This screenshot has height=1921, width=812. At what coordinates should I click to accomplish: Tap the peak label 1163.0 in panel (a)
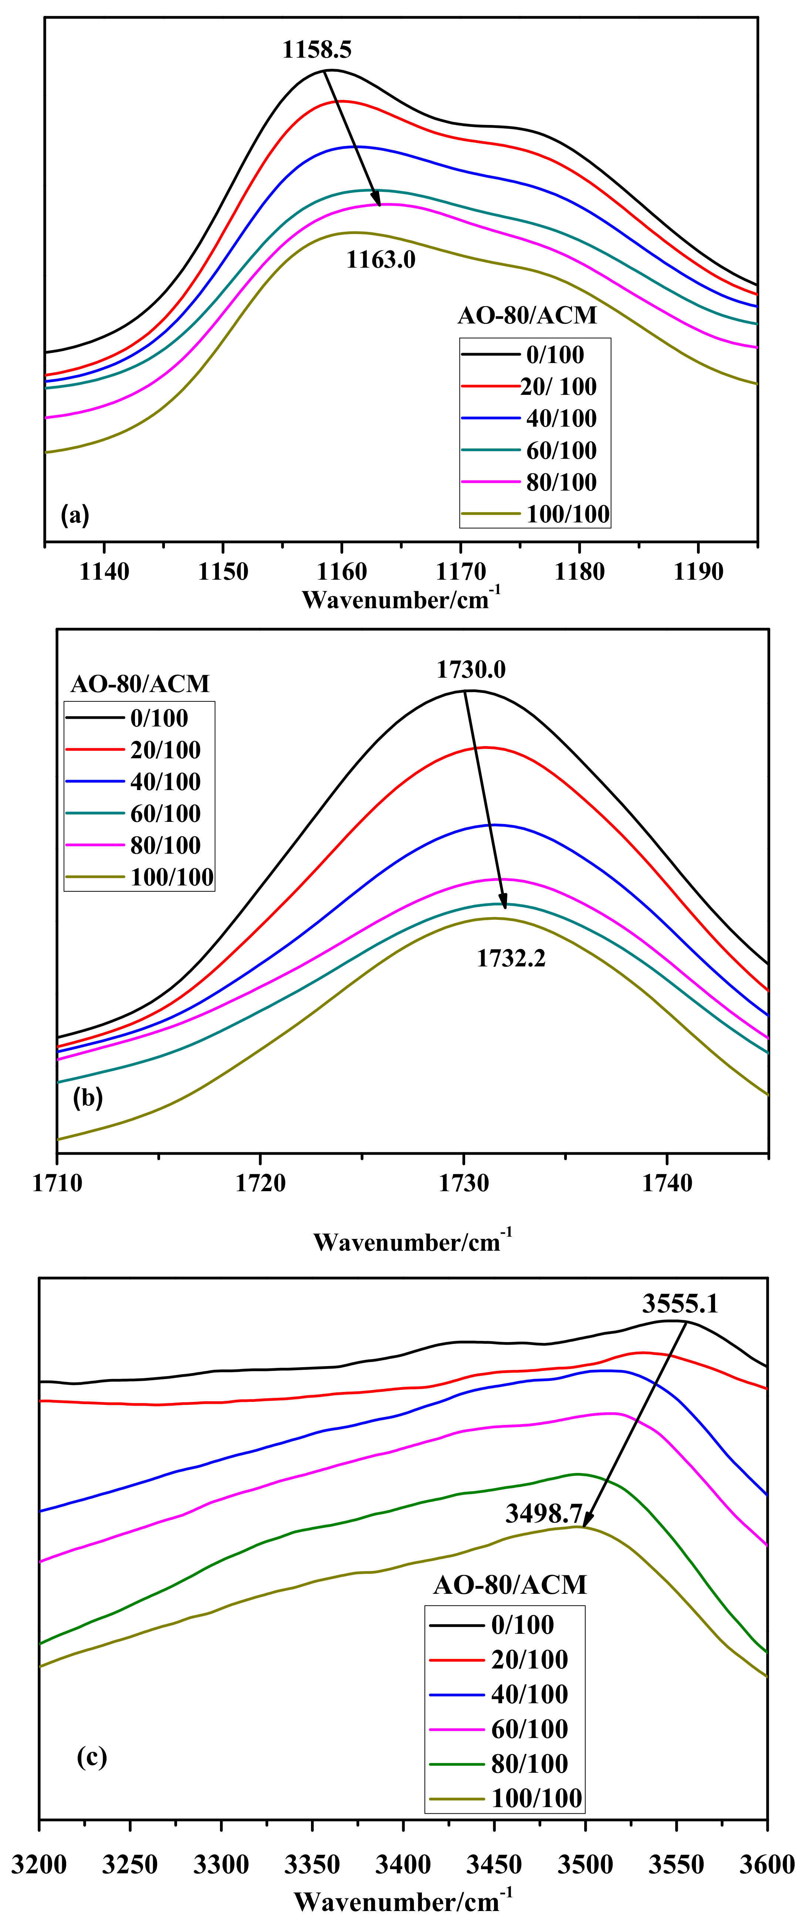click(380, 260)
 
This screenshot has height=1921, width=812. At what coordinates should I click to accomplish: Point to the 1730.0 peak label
click(470, 670)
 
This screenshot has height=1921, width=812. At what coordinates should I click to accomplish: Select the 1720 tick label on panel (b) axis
click(260, 1183)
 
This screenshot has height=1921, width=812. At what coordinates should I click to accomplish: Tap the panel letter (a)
click(75, 515)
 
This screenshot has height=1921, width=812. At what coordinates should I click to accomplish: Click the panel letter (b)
click(88, 1098)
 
